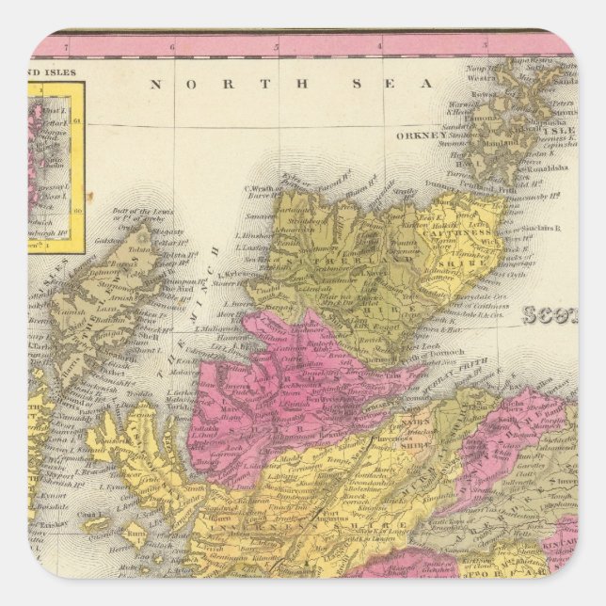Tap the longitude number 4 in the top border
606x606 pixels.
pos(380,44)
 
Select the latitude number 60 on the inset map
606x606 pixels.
pos(76,197)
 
